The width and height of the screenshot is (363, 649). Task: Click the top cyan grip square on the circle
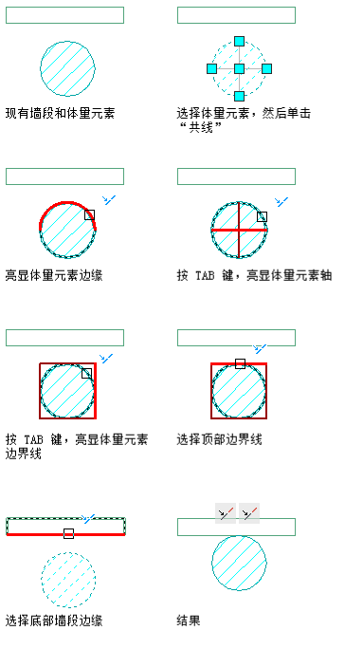point(240,42)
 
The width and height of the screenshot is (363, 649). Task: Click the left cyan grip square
point(212,68)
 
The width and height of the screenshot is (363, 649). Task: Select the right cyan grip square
point(266,68)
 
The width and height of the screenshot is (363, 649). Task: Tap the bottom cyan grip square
point(240,96)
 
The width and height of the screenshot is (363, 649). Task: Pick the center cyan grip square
point(240,68)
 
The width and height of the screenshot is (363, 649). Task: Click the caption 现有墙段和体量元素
point(60,113)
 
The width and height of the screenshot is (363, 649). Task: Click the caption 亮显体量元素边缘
point(54,275)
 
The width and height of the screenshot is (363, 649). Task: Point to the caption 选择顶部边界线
point(220,439)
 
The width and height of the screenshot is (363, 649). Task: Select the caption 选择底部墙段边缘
point(54,621)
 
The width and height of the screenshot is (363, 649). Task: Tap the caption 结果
point(189,621)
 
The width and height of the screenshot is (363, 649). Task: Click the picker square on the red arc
point(89,214)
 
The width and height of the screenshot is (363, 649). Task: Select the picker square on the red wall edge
point(68,533)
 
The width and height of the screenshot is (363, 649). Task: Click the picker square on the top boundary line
point(240,363)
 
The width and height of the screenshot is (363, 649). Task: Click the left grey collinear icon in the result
point(226,513)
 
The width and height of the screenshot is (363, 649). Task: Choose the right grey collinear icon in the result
point(249,513)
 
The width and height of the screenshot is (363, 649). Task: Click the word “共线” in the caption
point(201,127)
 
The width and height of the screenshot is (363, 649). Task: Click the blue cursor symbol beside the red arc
point(109,200)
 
